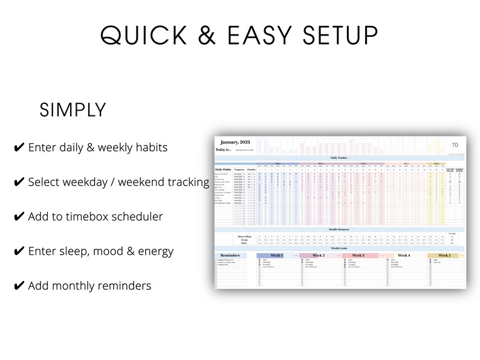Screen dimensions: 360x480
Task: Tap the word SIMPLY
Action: click(73, 111)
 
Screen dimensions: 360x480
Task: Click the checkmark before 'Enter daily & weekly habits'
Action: click(19, 147)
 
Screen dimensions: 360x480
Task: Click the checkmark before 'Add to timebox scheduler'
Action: click(19, 216)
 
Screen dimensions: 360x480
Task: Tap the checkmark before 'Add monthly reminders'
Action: click(19, 286)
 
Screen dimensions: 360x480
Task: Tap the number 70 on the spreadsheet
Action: click(455, 145)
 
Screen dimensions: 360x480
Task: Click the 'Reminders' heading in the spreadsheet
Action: click(230, 256)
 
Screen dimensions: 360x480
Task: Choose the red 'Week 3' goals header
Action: click(358, 256)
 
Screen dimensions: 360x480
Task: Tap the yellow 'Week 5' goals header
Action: click(444, 256)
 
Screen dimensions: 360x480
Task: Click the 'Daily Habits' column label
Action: click(223, 169)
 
